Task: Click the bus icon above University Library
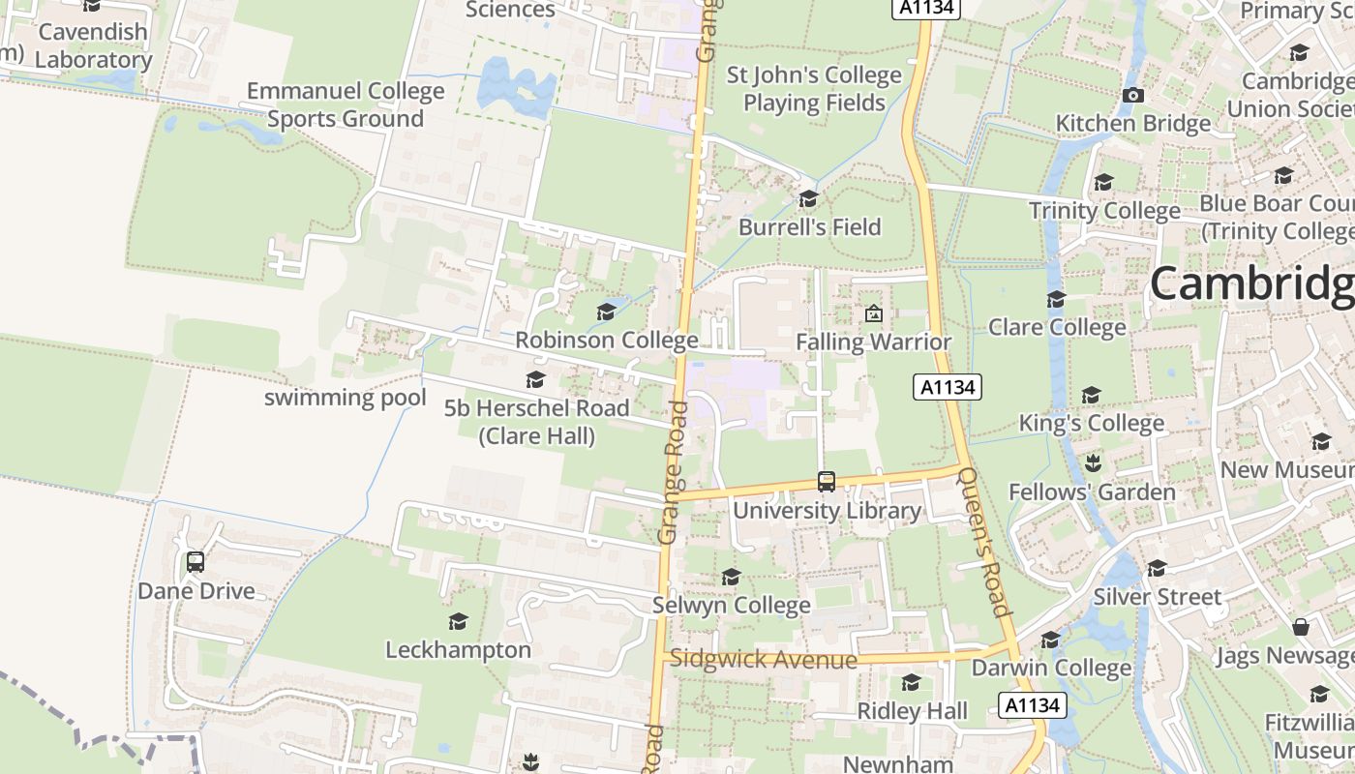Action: (826, 481)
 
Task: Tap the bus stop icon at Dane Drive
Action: (196, 562)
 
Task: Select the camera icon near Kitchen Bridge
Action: (1132, 95)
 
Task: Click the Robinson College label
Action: (606, 340)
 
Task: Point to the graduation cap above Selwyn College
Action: (731, 578)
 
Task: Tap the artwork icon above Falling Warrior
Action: (873, 313)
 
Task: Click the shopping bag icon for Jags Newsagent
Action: (1301, 628)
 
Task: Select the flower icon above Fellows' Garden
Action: (1093, 463)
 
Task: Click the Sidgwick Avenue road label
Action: (764, 660)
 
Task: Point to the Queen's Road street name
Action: (983, 542)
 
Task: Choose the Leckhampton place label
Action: (458, 649)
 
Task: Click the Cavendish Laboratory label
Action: (94, 45)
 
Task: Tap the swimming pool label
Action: (345, 398)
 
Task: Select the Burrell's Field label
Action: (809, 226)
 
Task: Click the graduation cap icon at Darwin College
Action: (1050, 640)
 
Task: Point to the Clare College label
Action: (1057, 327)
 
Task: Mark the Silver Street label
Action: (1158, 597)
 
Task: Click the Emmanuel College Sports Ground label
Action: (346, 104)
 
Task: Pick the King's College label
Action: (1091, 423)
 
